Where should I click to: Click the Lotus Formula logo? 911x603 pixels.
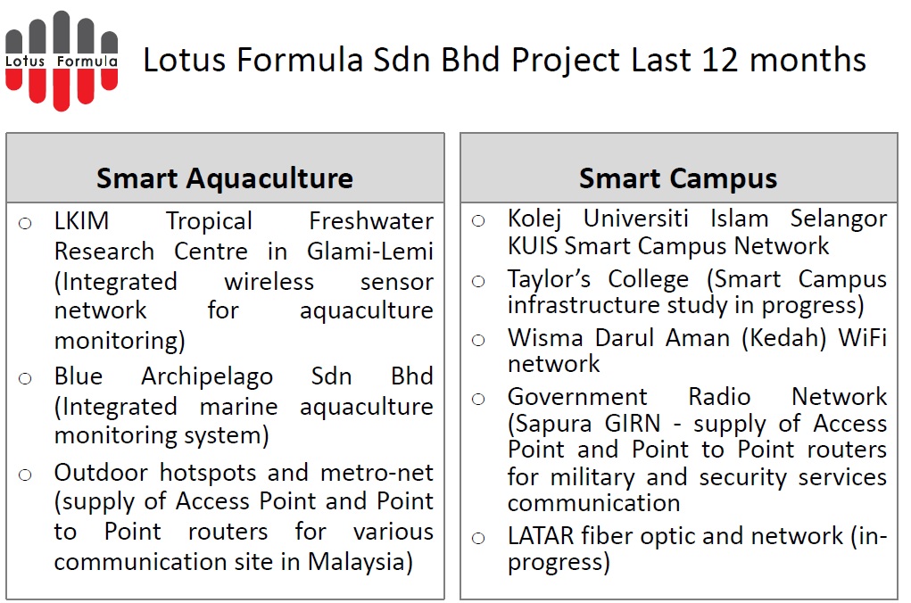[62, 61]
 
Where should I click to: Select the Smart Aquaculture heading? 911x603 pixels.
[225, 178]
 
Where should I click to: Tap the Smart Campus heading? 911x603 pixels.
[678, 178]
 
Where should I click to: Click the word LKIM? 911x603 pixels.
[81, 221]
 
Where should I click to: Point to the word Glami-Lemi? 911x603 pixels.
[370, 252]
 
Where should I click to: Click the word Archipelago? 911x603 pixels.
[207, 377]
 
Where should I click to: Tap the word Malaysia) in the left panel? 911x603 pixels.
[360, 562]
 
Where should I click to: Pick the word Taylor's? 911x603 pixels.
[549, 279]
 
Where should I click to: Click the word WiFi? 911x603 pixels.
[862, 337]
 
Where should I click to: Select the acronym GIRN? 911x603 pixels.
[632, 424]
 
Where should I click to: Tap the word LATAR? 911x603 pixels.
[541, 535]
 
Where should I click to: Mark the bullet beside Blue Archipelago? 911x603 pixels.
[25, 379]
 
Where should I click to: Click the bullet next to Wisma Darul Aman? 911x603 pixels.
[478, 341]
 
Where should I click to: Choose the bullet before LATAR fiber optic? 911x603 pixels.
[478, 538]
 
